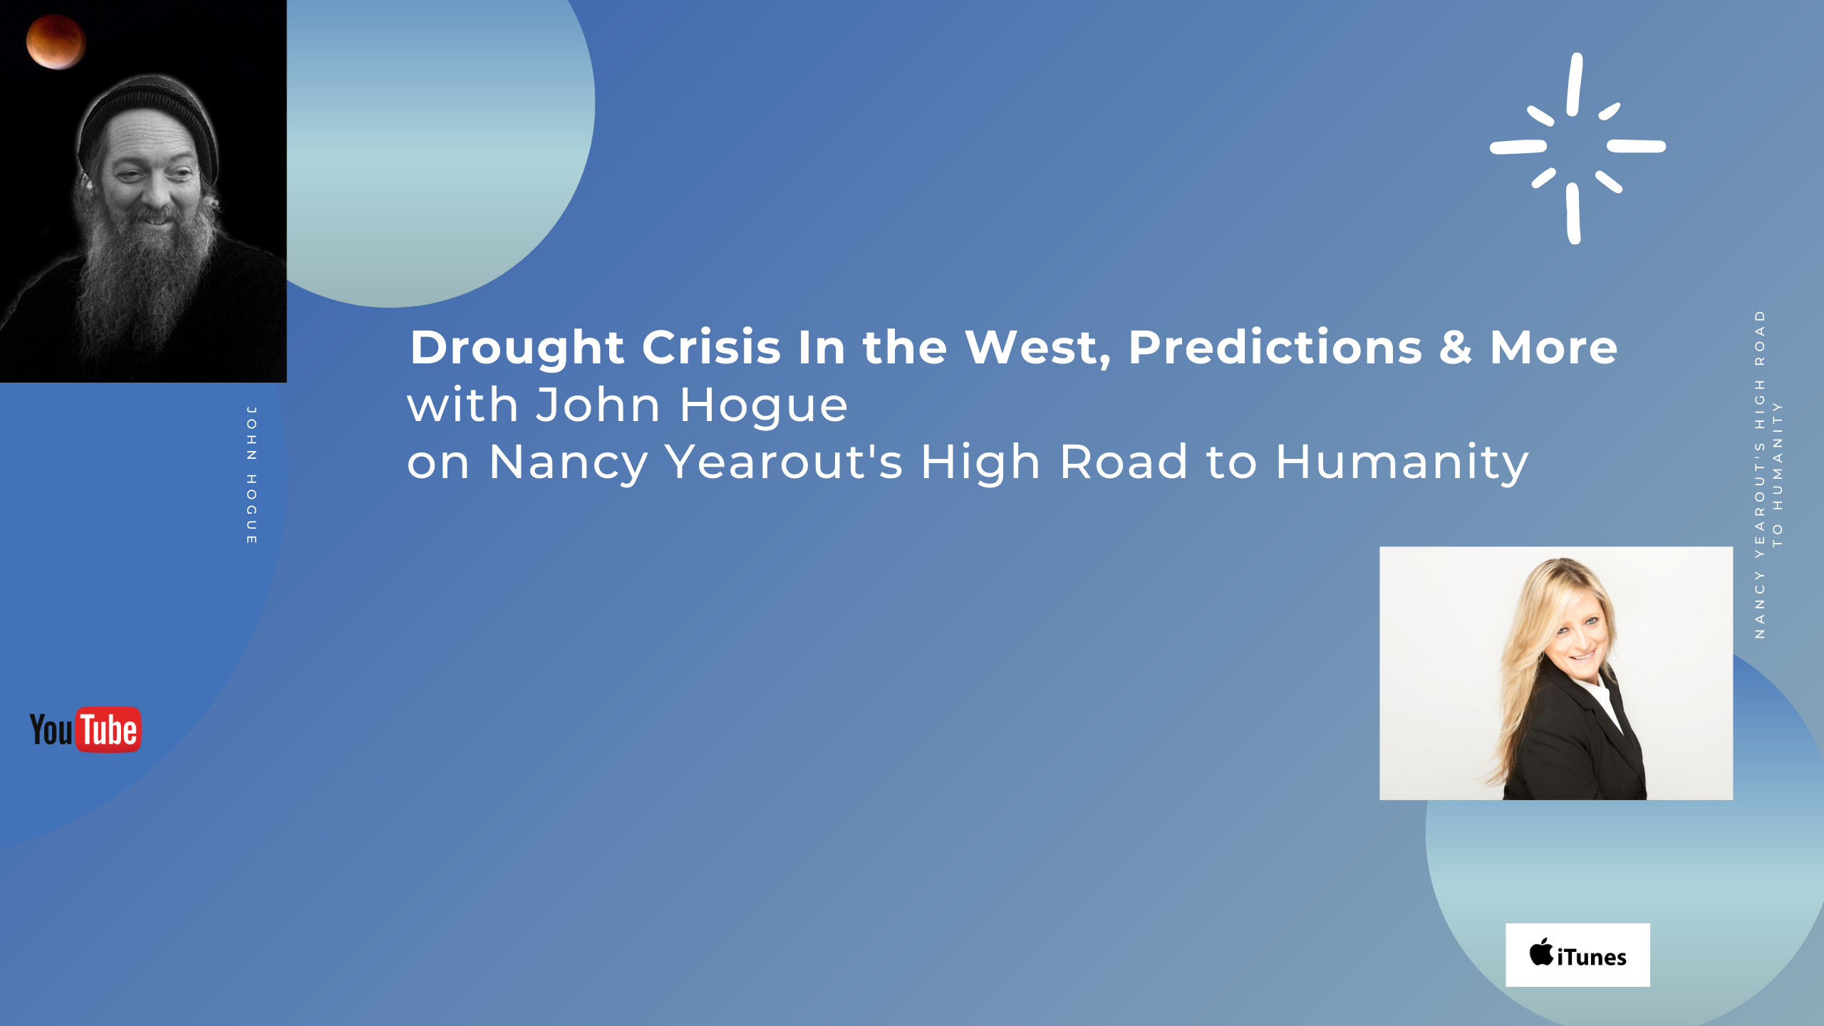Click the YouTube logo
point(85,729)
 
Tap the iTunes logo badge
point(1577,955)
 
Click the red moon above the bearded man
point(56,42)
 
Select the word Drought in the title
point(517,348)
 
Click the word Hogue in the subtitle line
point(763,405)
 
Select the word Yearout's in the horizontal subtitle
point(783,462)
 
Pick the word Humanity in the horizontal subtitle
point(1401,462)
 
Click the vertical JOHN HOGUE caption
point(252,475)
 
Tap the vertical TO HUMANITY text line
point(1778,474)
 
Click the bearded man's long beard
point(146,285)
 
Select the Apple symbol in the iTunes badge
point(1541,952)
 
